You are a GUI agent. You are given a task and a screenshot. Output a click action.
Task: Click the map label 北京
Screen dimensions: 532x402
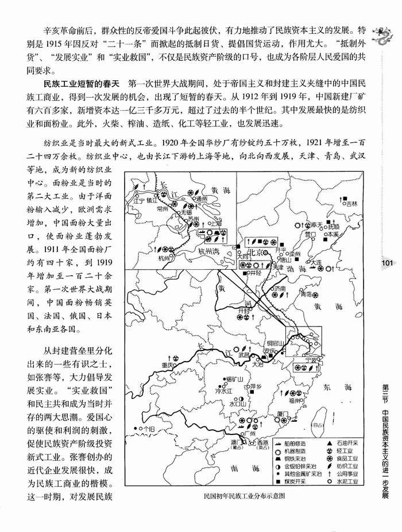(254, 252)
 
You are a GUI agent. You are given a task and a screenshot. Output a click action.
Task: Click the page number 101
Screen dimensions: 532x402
(386, 263)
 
